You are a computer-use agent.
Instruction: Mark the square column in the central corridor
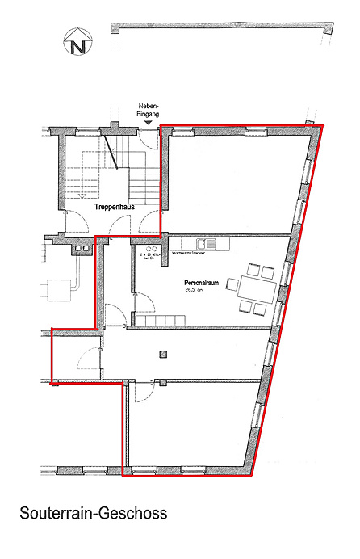(164, 353)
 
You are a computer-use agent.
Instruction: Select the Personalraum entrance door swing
(144, 305)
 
